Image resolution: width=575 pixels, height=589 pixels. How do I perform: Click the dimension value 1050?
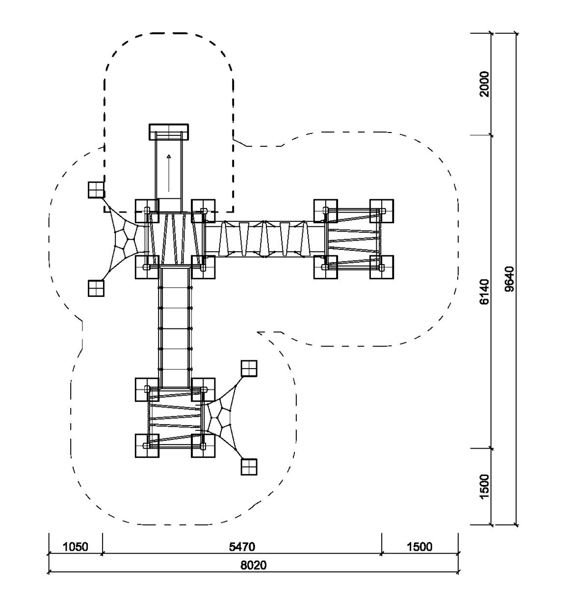click(x=76, y=547)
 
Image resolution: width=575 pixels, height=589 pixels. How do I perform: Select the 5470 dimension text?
click(x=242, y=547)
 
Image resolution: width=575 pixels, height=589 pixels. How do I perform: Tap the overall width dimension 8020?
click(x=254, y=565)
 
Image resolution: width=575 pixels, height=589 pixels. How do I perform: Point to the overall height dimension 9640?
click(x=509, y=279)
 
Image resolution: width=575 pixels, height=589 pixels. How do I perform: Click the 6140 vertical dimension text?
click(x=484, y=292)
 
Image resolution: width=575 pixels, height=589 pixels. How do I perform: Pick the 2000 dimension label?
click(x=484, y=84)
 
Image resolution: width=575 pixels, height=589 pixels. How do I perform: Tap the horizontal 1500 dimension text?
click(x=419, y=547)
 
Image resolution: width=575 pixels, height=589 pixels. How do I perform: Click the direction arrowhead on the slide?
click(x=169, y=156)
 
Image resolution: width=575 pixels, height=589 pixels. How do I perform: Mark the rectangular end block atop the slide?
click(x=169, y=132)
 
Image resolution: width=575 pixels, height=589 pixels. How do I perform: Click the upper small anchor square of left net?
click(x=96, y=190)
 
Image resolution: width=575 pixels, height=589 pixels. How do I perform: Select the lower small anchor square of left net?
click(x=96, y=288)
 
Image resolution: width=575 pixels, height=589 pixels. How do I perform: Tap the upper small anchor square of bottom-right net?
click(x=249, y=368)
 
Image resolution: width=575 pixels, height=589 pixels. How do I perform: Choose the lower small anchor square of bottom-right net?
click(x=249, y=467)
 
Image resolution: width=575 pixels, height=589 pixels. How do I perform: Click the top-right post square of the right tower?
click(x=382, y=211)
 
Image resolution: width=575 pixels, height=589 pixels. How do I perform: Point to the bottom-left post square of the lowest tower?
click(x=147, y=446)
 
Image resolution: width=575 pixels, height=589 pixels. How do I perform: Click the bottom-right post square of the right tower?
click(x=382, y=267)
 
